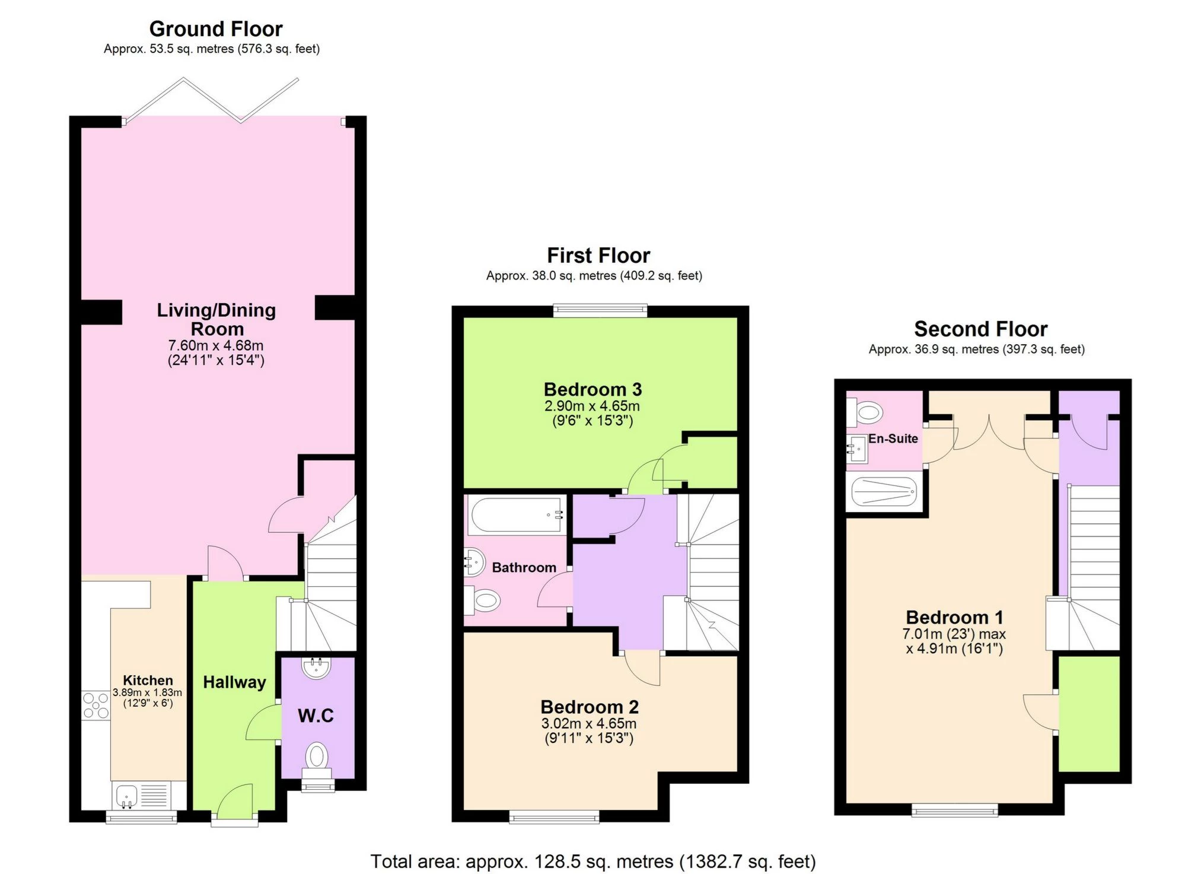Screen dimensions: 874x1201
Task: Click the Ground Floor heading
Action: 216,28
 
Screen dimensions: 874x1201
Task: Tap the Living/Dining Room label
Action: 216,319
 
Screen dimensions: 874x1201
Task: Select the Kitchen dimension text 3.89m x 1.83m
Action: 147,692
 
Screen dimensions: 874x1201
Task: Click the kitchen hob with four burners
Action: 95,705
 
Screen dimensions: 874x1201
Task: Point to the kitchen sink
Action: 126,795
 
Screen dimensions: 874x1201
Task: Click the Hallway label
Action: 234,682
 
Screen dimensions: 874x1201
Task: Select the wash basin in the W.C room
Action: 316,668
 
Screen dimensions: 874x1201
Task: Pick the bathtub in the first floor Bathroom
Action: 516,515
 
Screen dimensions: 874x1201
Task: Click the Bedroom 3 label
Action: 592,389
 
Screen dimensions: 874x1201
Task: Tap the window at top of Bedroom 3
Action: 600,309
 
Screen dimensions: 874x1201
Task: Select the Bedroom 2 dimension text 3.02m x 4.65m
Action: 588,723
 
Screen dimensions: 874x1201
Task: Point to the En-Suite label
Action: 893,438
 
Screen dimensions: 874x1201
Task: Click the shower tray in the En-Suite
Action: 884,492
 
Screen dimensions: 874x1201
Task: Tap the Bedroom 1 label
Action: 954,617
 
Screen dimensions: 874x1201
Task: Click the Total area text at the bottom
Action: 592,860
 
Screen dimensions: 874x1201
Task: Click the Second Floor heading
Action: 980,329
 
